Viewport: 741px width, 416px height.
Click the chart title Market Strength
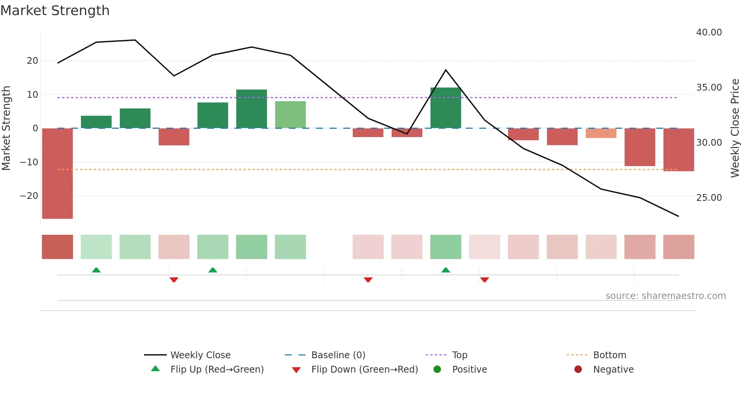[55, 11]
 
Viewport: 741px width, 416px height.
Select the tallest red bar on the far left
[57, 173]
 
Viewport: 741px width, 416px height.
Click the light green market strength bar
[290, 114]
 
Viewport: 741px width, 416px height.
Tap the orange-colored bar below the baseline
[601, 133]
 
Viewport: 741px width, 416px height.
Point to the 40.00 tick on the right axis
[709, 32]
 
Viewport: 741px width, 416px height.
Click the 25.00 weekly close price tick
[709, 198]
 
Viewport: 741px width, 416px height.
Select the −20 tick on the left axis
[29, 196]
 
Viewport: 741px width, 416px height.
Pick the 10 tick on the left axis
[33, 95]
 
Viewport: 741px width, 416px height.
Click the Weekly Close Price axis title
[735, 128]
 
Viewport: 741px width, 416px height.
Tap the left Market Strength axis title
[6, 128]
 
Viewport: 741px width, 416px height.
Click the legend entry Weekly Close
[200, 355]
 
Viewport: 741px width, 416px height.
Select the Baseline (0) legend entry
[338, 355]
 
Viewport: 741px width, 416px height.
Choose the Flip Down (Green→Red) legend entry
[364, 370]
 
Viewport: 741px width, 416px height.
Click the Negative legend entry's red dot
[578, 370]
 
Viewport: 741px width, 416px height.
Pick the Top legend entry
[459, 355]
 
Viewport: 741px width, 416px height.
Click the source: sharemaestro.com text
[665, 296]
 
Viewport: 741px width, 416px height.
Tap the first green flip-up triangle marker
[96, 270]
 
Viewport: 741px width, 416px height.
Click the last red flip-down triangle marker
[485, 280]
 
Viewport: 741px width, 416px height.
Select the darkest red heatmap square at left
[57, 247]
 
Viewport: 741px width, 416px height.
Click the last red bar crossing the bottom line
[679, 149]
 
